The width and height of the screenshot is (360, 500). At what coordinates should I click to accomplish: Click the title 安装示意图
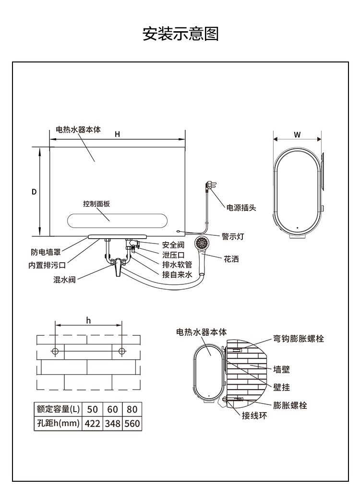pyautogui.click(x=180, y=34)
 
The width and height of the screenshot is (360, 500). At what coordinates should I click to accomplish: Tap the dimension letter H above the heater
pyautogui.click(x=117, y=134)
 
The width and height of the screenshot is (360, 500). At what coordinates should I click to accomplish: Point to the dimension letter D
pyautogui.click(x=34, y=192)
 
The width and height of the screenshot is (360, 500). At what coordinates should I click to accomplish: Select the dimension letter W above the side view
pyautogui.click(x=298, y=134)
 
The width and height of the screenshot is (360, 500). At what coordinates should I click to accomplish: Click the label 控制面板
pyautogui.click(x=96, y=204)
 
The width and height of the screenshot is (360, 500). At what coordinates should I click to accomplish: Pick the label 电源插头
pyautogui.click(x=241, y=208)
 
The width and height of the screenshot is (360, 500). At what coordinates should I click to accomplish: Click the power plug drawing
pyautogui.click(x=210, y=185)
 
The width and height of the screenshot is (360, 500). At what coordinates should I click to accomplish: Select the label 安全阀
pyautogui.click(x=173, y=245)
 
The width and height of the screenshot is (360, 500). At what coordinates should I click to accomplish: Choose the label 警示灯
pyautogui.click(x=233, y=236)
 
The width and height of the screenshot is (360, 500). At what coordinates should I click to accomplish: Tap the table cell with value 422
pyautogui.click(x=93, y=424)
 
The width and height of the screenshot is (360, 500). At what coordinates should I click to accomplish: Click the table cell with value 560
pyautogui.click(x=132, y=424)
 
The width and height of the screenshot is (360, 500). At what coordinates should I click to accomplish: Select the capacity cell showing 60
pyautogui.click(x=112, y=409)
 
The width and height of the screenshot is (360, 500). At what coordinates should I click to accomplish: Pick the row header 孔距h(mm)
pyautogui.click(x=58, y=424)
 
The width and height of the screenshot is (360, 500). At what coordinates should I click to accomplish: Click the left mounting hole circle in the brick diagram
pyautogui.click(x=56, y=351)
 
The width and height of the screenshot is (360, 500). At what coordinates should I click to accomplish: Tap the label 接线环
pyautogui.click(x=254, y=416)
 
